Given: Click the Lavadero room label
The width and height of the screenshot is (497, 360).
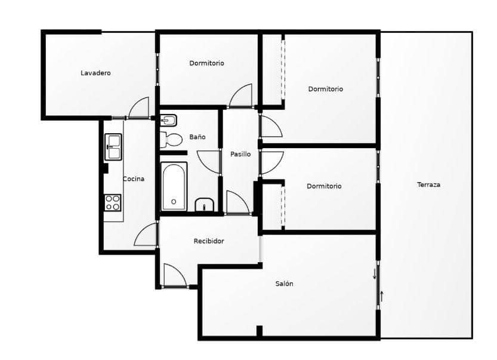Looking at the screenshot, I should [x=95, y=73].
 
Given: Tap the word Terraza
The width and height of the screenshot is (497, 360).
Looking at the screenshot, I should [x=428, y=184].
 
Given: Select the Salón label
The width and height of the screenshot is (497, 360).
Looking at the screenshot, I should [x=284, y=284].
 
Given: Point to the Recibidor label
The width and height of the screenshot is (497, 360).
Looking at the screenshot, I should [x=209, y=241].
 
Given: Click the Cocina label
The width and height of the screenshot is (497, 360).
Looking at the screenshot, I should [x=134, y=179].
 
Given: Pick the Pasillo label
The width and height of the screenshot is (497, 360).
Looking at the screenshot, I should [x=240, y=154].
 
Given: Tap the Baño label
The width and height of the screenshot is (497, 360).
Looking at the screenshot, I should [x=197, y=137].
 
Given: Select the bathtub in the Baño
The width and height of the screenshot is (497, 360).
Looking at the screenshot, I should [x=174, y=186].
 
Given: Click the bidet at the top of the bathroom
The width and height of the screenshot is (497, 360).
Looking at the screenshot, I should [x=169, y=120].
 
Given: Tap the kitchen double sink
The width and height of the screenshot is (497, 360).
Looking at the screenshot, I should [x=113, y=146].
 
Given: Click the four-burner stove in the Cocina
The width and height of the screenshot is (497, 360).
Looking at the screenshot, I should [x=113, y=202].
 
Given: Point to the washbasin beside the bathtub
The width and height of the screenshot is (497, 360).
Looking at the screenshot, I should [x=205, y=205].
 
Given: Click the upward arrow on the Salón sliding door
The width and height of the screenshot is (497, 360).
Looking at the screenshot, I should [x=382, y=295].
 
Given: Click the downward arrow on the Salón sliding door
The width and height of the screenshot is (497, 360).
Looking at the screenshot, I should [x=374, y=274].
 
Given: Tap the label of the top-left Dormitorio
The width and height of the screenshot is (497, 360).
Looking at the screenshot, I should [x=206, y=63].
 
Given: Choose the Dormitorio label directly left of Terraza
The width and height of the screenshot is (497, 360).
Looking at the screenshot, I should [x=324, y=186].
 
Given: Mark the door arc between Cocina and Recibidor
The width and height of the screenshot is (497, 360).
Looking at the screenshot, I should [x=146, y=235].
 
